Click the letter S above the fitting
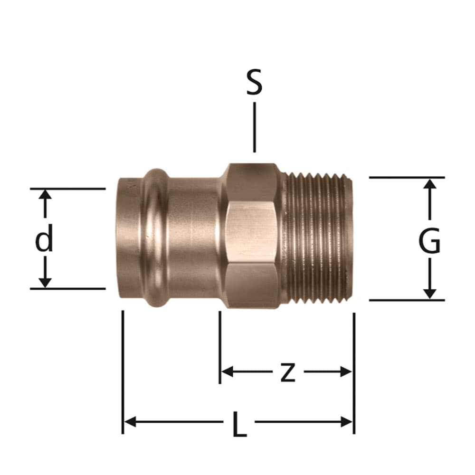[254, 82]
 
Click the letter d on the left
[45, 238]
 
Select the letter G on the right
[429, 241]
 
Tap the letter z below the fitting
[287, 372]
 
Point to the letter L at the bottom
[239, 424]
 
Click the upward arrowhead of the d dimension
[45, 194]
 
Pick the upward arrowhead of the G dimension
[429, 184]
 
